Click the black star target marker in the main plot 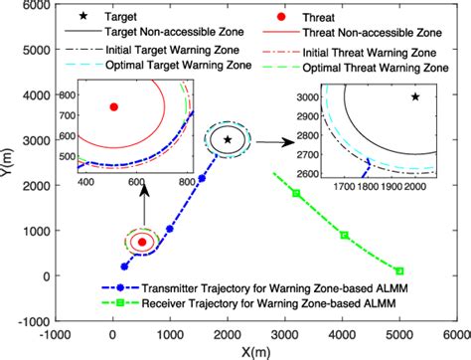coord(229,140)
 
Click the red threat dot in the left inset coord(114,106)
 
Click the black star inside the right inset coord(415,96)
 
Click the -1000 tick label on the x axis coord(58,334)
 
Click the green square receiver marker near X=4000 coord(344,235)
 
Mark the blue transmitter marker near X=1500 coord(202,178)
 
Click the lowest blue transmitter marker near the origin coord(124,267)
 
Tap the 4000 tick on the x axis coord(344,334)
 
